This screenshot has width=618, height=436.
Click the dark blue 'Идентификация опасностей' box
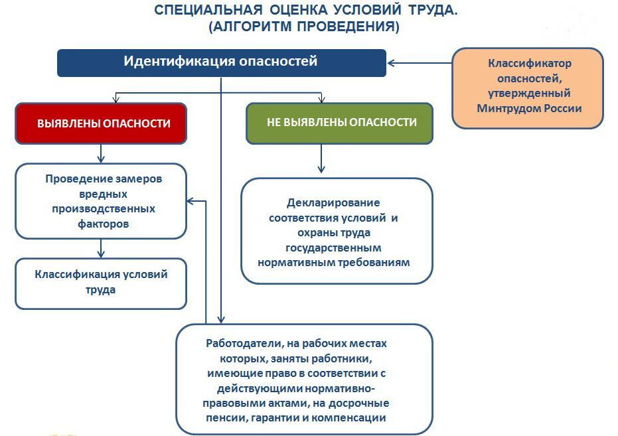[x=221, y=62]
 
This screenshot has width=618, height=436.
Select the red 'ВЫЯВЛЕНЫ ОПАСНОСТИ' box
[x=101, y=123]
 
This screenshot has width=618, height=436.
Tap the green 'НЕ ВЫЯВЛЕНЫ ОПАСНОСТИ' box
[x=339, y=123]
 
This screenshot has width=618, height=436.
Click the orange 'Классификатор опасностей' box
[x=528, y=87]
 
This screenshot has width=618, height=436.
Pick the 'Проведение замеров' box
[x=101, y=201]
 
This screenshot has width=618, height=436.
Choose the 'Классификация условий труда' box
[x=101, y=283]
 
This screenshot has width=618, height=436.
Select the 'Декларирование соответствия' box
[x=337, y=232]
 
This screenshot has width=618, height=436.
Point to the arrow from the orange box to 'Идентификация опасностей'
[x=419, y=63]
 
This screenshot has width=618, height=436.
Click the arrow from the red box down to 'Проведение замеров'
[x=101, y=153]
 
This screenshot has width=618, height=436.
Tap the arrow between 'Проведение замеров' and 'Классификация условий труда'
[x=101, y=248]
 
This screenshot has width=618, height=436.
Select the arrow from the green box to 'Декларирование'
[x=321, y=159]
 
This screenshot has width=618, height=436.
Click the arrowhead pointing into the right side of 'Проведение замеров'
[x=192, y=201]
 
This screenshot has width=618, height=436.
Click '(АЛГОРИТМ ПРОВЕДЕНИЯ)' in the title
[x=304, y=27]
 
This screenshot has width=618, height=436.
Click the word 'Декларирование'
[x=333, y=203]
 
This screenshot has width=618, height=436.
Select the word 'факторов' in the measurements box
[x=102, y=224]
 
